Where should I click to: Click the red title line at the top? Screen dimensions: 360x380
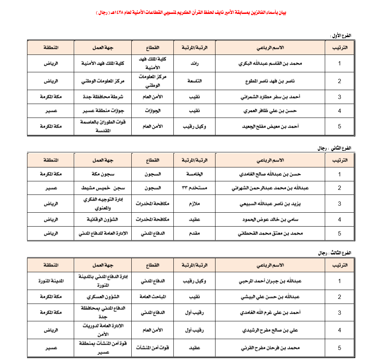pyautogui.click(x=191, y=13)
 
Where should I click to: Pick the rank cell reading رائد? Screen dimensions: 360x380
pyautogui.click(x=195, y=63)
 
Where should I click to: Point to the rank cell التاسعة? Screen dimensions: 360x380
pyautogui.click(x=195, y=81)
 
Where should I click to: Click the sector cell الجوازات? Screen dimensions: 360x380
pyautogui.click(x=152, y=111)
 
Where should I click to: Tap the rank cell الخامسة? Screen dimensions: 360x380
pyautogui.click(x=195, y=174)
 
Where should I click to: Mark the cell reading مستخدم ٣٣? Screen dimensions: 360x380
pyautogui.click(x=195, y=188)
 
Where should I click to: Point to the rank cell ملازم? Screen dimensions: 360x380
pyautogui.click(x=195, y=203)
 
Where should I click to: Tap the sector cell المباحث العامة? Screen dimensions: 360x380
pyautogui.click(x=152, y=297)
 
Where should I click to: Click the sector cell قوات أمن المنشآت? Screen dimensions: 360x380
pyautogui.click(x=152, y=348)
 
